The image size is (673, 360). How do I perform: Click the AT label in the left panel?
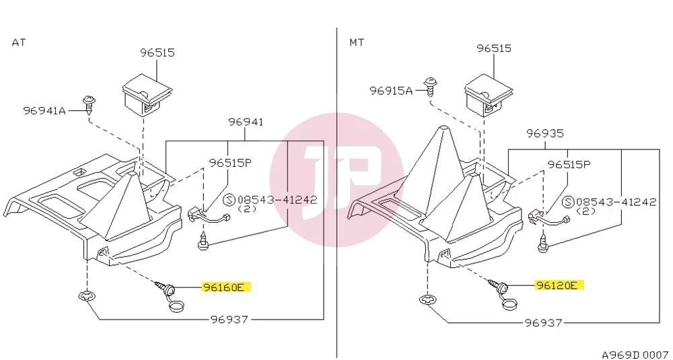pos(18,42)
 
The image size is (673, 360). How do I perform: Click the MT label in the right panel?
pos(357,42)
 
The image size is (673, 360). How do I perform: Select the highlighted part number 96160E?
pos(226,287)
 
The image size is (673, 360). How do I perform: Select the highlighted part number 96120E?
pos(559,285)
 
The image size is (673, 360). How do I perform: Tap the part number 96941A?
pos(44,111)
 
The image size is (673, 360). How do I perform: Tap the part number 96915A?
pos(391,91)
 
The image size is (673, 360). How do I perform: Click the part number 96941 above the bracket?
pos(246,122)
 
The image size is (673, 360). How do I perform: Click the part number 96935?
pos(545,133)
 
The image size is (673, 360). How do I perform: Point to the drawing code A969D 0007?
pos(635,355)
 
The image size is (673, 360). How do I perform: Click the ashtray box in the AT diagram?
pos(147,95)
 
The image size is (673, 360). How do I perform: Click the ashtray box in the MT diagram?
pos(489,96)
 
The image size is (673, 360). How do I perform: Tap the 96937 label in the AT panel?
pos(229,319)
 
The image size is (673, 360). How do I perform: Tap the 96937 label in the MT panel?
pos(543,322)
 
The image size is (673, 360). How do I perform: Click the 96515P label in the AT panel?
pos(230,163)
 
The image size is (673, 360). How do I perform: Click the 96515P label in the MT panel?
pos(569,164)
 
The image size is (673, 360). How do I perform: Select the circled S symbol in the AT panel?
pos(230,200)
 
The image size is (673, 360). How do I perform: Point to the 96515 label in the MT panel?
pos(494,48)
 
